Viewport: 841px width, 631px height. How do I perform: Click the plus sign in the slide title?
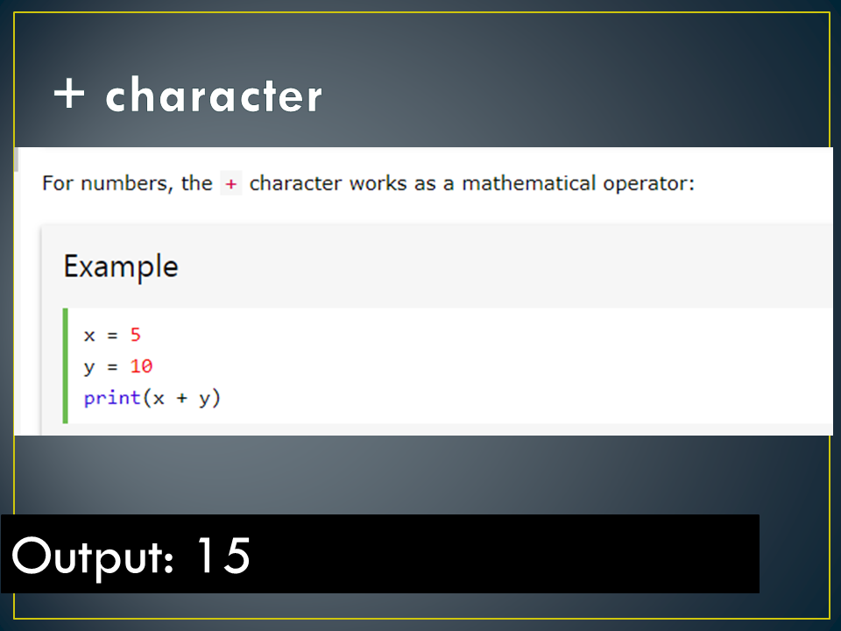70,95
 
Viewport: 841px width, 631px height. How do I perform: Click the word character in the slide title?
213,96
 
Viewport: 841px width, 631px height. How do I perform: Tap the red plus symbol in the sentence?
231,184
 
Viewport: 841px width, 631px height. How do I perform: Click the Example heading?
120,266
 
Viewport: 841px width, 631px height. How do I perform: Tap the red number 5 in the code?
135,335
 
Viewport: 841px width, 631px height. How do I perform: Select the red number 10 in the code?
141,366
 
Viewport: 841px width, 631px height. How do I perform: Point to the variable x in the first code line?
89,335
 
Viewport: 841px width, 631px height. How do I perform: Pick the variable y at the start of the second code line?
89,368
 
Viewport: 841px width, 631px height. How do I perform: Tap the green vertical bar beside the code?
66,365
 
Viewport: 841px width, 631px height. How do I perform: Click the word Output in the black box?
88,555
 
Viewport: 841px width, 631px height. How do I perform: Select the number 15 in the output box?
223,555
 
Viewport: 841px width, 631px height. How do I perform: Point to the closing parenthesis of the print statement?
216,399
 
